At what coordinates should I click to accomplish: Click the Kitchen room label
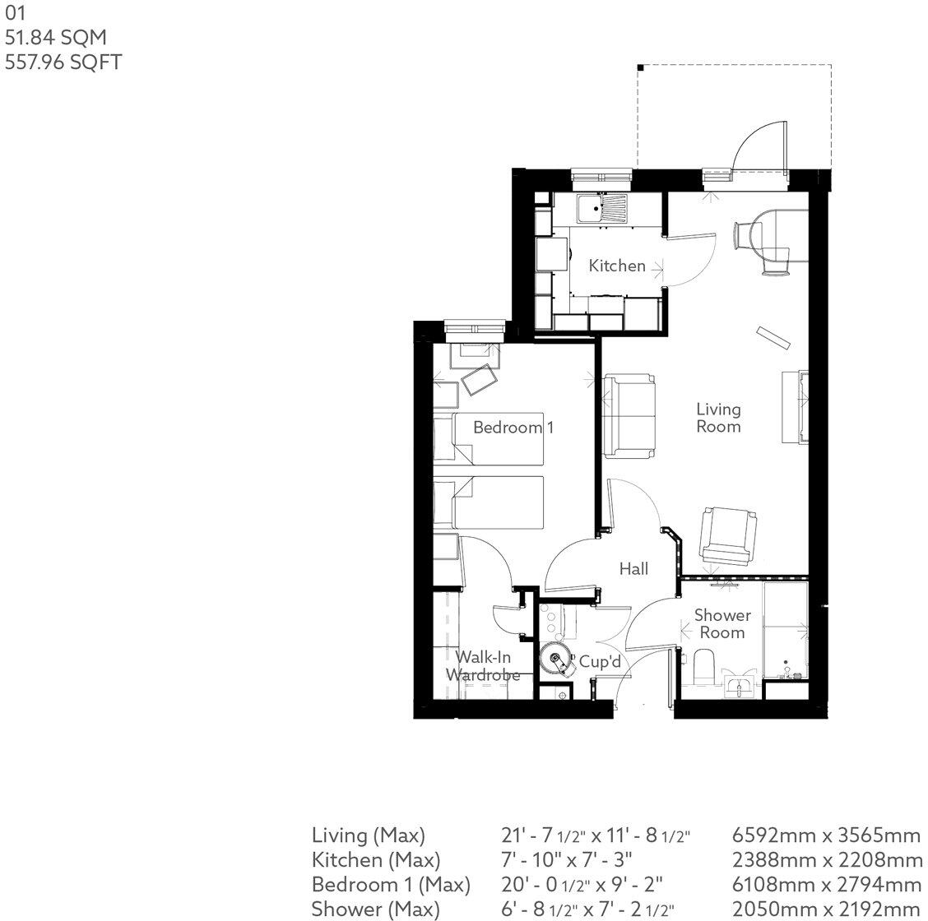click(x=617, y=266)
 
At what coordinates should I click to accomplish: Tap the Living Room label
click(x=718, y=418)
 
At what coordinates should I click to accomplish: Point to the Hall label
click(x=633, y=568)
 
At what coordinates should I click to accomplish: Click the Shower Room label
click(x=722, y=624)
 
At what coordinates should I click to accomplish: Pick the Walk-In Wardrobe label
click(x=483, y=665)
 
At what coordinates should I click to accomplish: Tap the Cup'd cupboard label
click(x=599, y=661)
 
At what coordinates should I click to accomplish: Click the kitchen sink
click(x=601, y=209)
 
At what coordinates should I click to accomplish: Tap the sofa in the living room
click(x=629, y=415)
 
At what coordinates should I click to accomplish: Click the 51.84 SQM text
click(x=56, y=37)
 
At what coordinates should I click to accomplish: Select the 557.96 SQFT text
click(x=63, y=62)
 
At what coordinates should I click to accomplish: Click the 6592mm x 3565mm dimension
click(x=826, y=835)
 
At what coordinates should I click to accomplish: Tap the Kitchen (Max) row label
click(x=376, y=860)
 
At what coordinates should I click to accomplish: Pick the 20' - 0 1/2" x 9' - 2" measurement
click(x=582, y=885)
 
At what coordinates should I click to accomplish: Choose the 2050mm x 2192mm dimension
click(x=826, y=909)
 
